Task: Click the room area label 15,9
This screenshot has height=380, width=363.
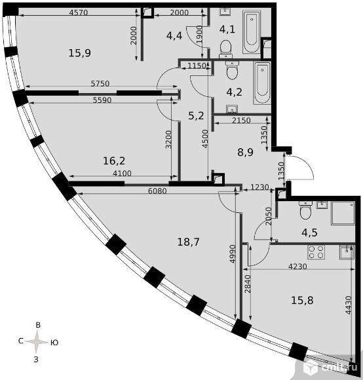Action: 80,53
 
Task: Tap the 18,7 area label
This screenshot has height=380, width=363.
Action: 188,242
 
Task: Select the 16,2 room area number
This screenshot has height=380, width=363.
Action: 114,161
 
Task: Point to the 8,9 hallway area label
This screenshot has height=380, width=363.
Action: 245,153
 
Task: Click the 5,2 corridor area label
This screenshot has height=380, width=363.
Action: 196,116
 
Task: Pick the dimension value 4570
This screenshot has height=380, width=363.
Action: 78,12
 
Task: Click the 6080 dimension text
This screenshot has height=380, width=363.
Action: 157,191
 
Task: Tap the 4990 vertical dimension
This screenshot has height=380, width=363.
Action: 233,254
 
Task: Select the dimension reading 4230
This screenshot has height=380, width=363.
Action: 297,267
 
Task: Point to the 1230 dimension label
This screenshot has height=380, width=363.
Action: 259,187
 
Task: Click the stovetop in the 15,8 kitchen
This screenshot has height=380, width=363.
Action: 316,252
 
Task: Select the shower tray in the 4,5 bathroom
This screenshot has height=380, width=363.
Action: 343,213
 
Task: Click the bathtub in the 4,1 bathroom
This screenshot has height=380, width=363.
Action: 252,31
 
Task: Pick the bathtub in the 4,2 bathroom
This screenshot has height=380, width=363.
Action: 262,83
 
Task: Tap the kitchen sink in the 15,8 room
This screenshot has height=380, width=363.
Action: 347,252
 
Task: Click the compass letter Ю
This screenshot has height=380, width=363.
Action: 54,343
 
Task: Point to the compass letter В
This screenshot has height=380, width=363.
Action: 38,325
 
